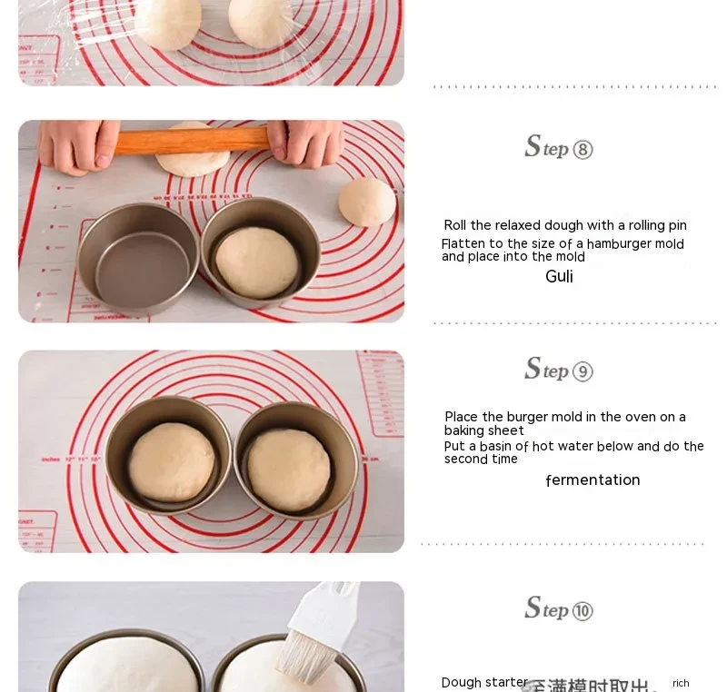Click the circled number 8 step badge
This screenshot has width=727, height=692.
[x=583, y=150]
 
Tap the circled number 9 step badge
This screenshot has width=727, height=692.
[x=583, y=371]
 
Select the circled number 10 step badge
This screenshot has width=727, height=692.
[x=583, y=611]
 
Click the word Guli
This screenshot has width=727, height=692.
[x=559, y=277]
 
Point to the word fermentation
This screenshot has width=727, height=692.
[x=593, y=480]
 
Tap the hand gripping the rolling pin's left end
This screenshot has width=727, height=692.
[x=77, y=144]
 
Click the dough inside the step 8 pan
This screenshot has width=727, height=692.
[x=257, y=262]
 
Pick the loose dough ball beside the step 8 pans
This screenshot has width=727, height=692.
[x=367, y=202]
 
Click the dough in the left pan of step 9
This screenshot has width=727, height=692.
[x=171, y=462]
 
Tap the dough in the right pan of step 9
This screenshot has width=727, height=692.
[x=288, y=470]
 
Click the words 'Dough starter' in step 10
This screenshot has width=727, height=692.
[x=484, y=683]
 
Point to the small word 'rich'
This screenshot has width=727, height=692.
[x=681, y=683]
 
